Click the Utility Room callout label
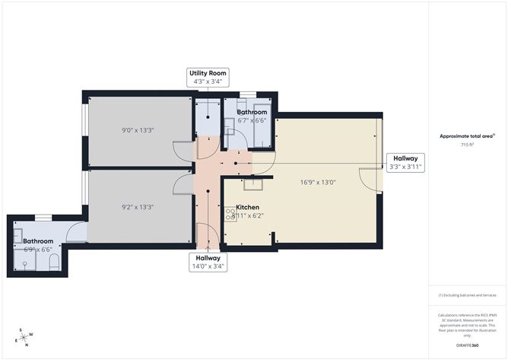coord(207,77)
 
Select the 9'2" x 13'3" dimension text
coord(137,205)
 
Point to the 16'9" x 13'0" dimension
coord(319,182)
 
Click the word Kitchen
coord(248,207)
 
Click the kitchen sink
coord(252,183)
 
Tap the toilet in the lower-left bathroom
coord(54,263)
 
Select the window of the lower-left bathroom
coord(43,218)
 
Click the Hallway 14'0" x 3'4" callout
coord(207,262)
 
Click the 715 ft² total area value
coord(467,144)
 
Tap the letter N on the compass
coord(26,345)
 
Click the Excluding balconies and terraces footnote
coord(467,295)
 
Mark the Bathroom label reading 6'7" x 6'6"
coord(251,116)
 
